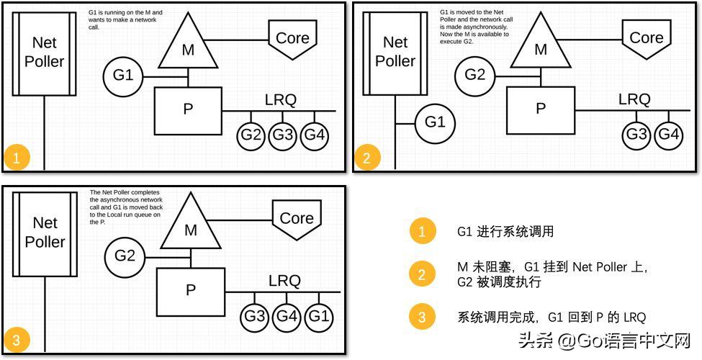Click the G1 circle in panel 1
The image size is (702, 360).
(123, 75)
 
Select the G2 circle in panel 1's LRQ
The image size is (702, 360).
(251, 135)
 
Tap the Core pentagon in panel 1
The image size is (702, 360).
(292, 39)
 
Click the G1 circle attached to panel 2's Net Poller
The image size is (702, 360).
(435, 122)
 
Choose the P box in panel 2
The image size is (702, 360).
(541, 109)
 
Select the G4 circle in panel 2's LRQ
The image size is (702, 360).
(668, 134)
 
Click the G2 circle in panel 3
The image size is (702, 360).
(125, 256)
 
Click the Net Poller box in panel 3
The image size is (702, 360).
(45, 233)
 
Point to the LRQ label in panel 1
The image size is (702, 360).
(280, 100)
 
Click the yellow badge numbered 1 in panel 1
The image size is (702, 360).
(17, 158)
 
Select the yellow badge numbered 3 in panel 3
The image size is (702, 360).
(17, 338)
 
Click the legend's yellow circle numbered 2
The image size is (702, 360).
(423, 274)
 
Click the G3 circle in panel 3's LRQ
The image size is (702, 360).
(254, 315)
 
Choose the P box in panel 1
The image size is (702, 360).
(188, 110)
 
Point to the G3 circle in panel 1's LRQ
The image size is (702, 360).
(283, 135)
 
